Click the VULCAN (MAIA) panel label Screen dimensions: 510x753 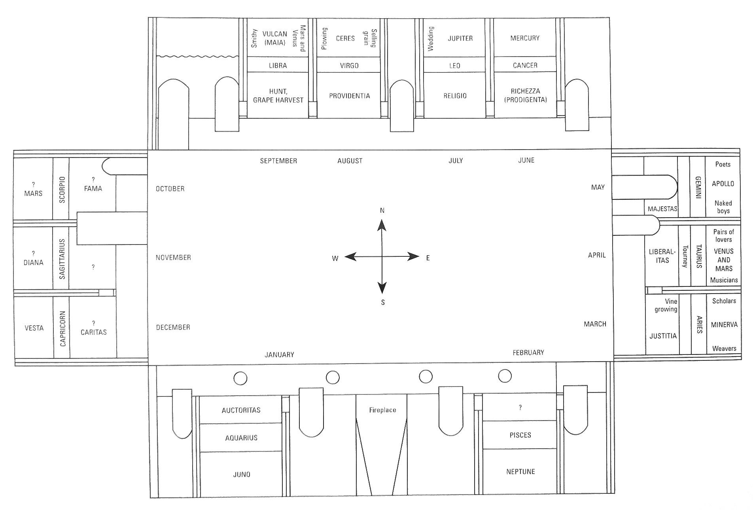(x=274, y=38)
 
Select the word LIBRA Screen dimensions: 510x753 (x=278, y=66)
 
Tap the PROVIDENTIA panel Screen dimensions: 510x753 (x=349, y=96)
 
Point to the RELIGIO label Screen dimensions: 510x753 (x=455, y=96)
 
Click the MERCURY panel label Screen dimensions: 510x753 (x=525, y=38)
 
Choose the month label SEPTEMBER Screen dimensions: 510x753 (x=278, y=161)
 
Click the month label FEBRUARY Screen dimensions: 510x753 (x=528, y=352)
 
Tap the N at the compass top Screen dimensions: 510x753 (x=382, y=210)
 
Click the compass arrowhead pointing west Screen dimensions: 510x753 (x=348, y=257)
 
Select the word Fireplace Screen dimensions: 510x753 (x=382, y=410)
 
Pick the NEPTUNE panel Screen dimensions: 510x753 (x=520, y=471)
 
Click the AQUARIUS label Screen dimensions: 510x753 (x=241, y=438)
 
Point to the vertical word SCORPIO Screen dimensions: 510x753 (x=62, y=190)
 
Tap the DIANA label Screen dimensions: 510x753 (x=33, y=262)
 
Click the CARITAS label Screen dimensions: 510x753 (x=94, y=332)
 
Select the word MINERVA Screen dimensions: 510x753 (x=724, y=324)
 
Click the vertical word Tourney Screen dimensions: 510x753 (x=685, y=256)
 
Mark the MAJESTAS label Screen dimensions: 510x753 (x=662, y=209)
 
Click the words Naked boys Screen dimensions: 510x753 (x=723, y=207)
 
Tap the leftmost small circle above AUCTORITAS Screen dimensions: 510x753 (x=240, y=378)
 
